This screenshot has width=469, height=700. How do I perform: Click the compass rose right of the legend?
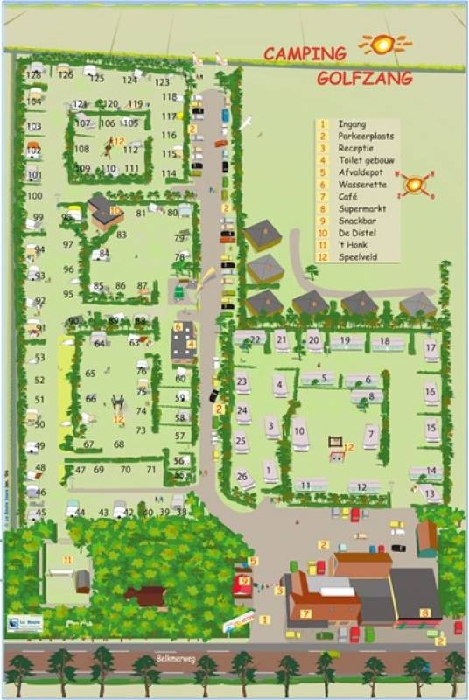coord(414,184)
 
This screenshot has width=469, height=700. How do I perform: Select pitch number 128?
coord(33,75)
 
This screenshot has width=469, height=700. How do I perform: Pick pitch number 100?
coord(35,196)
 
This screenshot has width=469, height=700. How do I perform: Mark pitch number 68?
coord(118,444)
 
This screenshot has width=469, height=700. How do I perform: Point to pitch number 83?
coord(121,234)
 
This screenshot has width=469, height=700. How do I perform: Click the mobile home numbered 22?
coord(255,339)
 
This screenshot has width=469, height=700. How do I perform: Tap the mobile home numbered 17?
coord(430,347)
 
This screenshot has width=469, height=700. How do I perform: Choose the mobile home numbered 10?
coord(299,432)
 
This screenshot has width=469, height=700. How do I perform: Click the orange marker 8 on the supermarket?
coord(425,613)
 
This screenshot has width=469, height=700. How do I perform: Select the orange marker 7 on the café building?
coord(305,613)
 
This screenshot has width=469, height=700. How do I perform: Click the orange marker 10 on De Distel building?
coord(115,211)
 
